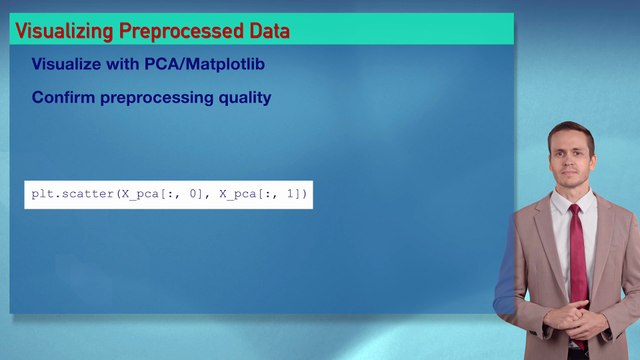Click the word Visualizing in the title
pyautogui.click(x=64, y=31)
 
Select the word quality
pyautogui.click(x=243, y=98)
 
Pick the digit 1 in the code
pyautogui.click(x=291, y=193)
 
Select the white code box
pyautogui.click(x=168, y=194)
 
